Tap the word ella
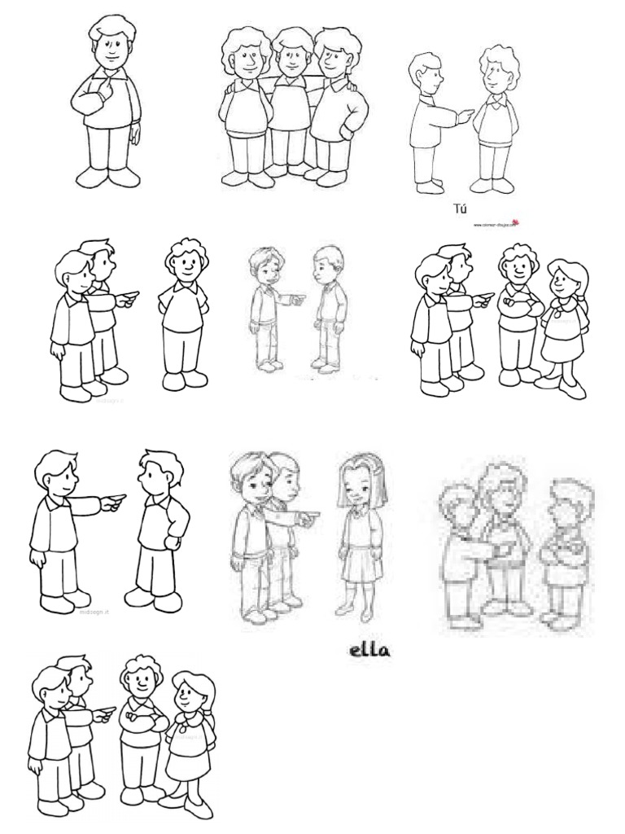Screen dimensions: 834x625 coord(362,652)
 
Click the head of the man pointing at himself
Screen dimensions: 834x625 coord(109,44)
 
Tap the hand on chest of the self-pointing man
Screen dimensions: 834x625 coord(104,81)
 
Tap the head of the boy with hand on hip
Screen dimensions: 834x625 coord(157,473)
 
